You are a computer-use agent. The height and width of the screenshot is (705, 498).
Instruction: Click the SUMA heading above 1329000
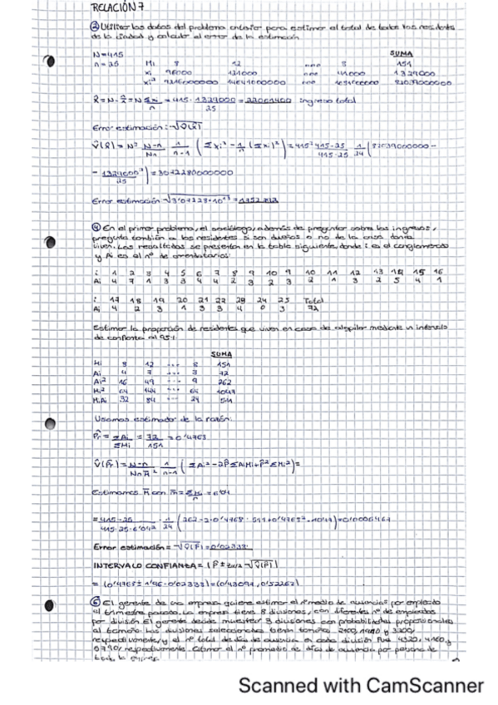tap(401, 55)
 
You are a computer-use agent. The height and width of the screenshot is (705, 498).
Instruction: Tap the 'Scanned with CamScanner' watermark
tap(360, 685)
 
